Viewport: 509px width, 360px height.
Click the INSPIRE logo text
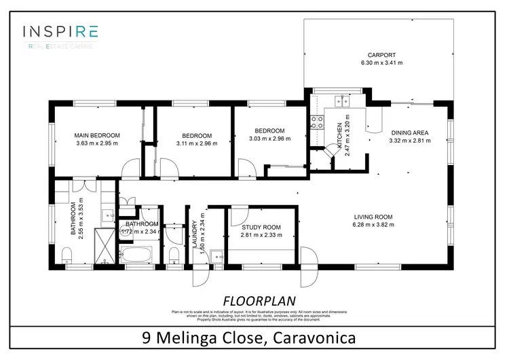pyautogui.click(x=60, y=31)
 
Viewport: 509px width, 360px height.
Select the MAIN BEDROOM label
pyautogui.click(x=96, y=135)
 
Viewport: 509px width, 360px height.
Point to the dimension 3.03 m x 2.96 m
pyautogui.click(x=269, y=139)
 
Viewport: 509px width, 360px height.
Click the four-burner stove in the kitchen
pyautogui.click(x=316, y=122)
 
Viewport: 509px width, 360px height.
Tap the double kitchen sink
pyautogui.click(x=342, y=103)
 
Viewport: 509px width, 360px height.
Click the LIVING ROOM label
pyautogui.click(x=373, y=217)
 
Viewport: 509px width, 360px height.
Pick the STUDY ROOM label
pyautogui.click(x=261, y=227)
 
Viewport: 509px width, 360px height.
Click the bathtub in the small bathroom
pyautogui.click(x=139, y=255)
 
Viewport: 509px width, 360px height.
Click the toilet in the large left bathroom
pyautogui.click(x=66, y=254)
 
